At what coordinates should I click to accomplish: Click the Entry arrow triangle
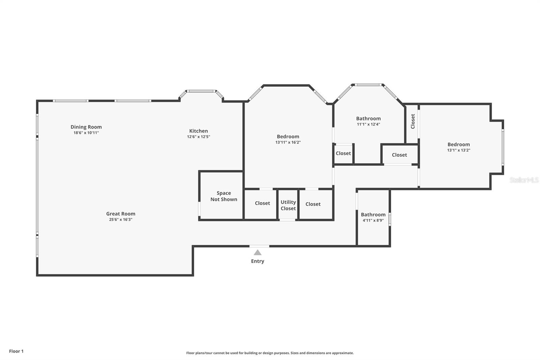258,252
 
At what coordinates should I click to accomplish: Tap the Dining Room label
86,127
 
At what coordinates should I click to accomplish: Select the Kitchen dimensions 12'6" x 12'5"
198,137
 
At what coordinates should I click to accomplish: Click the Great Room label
120,213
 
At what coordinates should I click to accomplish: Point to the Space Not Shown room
223,196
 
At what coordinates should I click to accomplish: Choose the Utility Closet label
288,205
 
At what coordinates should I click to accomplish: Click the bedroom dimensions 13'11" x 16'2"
288,143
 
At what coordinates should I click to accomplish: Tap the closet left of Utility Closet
262,203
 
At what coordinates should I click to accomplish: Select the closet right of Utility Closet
313,204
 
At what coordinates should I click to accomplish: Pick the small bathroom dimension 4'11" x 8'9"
373,220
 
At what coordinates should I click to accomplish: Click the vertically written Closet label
412,121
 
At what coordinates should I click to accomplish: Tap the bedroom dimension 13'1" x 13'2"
459,150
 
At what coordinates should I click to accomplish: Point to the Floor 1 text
16,351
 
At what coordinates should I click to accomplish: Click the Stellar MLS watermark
524,180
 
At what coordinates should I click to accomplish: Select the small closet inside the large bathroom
343,153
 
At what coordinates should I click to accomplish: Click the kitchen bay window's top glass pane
202,91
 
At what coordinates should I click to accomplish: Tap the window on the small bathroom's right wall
389,219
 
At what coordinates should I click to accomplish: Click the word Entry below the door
258,261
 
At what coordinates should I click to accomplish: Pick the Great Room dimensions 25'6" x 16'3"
120,220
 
